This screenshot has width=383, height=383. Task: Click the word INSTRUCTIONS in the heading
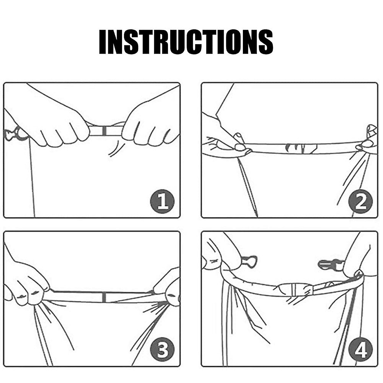(x=186, y=41)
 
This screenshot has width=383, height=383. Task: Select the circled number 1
(x=162, y=201)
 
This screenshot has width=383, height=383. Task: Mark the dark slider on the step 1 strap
(x=104, y=131)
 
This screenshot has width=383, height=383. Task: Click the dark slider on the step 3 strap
(x=104, y=297)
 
